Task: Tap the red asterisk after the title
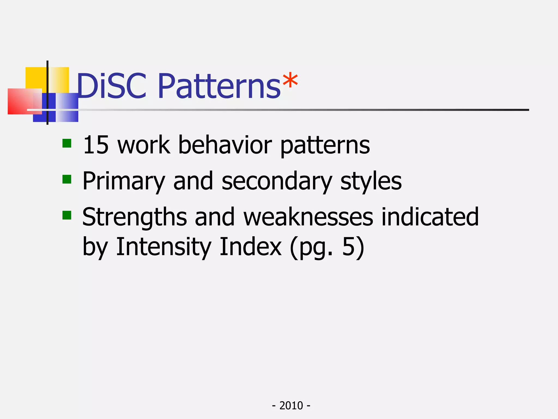coord(290,81)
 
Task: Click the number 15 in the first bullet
coord(96,145)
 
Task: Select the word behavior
coord(225,145)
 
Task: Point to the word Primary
coord(124,181)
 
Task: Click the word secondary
coord(277,181)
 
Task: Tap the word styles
coord(371,181)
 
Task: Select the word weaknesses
coord(308,217)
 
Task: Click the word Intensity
coord(163,247)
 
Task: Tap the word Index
coord(250,247)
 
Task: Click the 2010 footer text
coord(291,406)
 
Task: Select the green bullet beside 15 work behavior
coord(67,143)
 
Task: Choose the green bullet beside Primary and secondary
coord(67,179)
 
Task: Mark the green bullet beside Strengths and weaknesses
coord(67,215)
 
